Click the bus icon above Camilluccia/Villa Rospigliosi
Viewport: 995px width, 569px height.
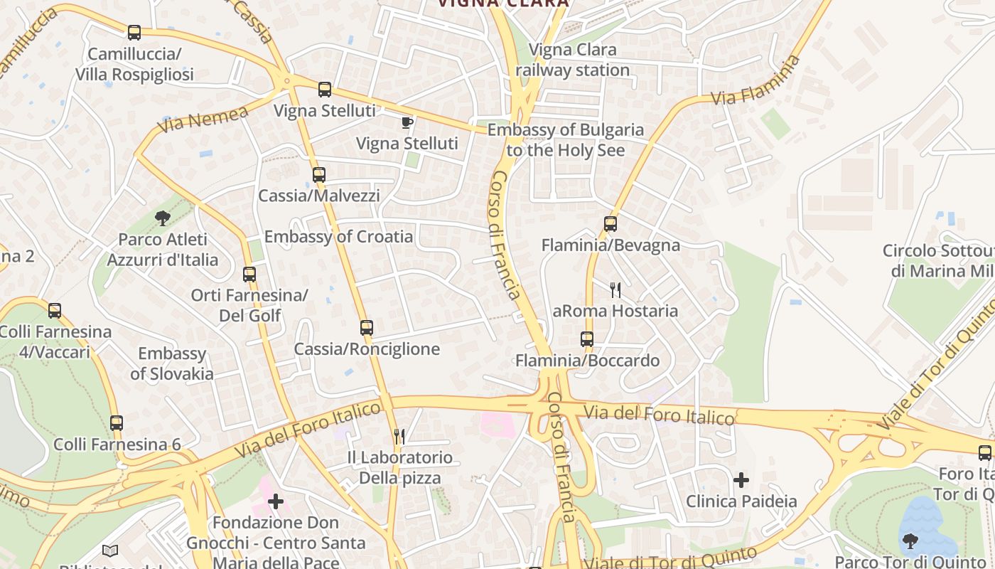click(x=134, y=32)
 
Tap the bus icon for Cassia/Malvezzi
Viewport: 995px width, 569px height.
click(x=318, y=174)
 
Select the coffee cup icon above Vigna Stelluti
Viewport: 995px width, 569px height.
click(x=407, y=122)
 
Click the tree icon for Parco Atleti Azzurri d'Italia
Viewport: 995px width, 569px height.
click(x=163, y=218)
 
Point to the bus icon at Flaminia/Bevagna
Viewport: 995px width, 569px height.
click(x=610, y=224)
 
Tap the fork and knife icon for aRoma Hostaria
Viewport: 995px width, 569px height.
click(x=615, y=289)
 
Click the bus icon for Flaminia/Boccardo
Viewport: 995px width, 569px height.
click(x=587, y=339)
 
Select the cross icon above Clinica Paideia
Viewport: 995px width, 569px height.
click(x=741, y=480)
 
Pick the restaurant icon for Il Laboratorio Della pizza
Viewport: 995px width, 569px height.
click(x=399, y=436)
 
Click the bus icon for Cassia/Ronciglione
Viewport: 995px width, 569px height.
click(x=367, y=328)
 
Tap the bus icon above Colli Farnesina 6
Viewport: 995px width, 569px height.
click(x=117, y=423)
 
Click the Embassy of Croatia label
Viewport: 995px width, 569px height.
click(x=338, y=237)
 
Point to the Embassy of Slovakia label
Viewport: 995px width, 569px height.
click(x=172, y=363)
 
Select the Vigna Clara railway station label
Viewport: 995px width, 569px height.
click(x=573, y=60)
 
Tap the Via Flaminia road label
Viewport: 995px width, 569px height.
click(x=756, y=81)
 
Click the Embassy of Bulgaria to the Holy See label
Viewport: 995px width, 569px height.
click(x=566, y=140)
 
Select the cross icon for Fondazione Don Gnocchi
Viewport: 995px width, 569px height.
click(x=276, y=502)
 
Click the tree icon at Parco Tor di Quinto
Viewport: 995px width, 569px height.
click(x=910, y=541)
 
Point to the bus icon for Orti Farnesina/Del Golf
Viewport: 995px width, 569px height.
click(x=249, y=274)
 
